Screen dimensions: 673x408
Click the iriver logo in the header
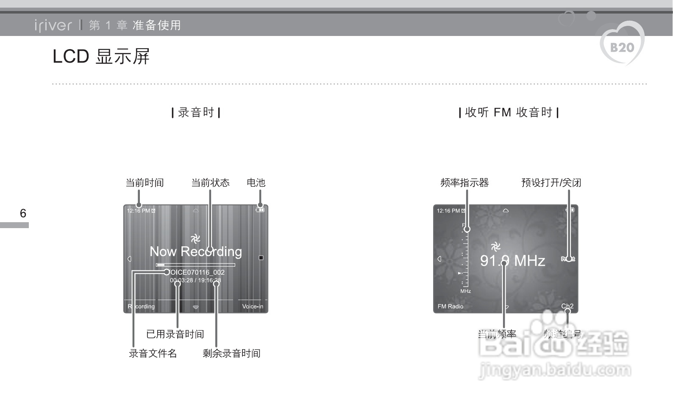pyautogui.click(x=53, y=25)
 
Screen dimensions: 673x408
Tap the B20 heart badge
pyautogui.click(x=622, y=46)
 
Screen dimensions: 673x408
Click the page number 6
pyautogui.click(x=23, y=213)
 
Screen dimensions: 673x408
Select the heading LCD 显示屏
pyautogui.click(x=101, y=57)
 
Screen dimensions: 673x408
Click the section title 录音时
pyautogui.click(x=196, y=113)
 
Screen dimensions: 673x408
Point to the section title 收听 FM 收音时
pyautogui.click(x=509, y=113)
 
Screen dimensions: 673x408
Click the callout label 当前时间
pyautogui.click(x=145, y=183)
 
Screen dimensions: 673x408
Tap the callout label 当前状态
pyautogui.click(x=210, y=183)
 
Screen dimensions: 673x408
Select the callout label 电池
pyautogui.click(x=256, y=183)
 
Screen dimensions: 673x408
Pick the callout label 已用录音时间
pyautogui.click(x=175, y=334)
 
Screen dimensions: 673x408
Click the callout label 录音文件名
pyautogui.click(x=153, y=353)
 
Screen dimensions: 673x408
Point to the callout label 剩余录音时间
pyautogui.click(x=231, y=353)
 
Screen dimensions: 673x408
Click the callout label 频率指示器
pyautogui.click(x=464, y=183)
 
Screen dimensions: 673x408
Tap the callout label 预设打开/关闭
pyautogui.click(x=551, y=183)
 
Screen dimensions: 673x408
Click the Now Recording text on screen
pyautogui.click(x=196, y=252)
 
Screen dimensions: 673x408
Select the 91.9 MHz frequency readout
pyautogui.click(x=512, y=261)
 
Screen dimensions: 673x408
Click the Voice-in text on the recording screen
pyautogui.click(x=253, y=306)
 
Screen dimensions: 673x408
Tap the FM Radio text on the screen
pyautogui.click(x=451, y=306)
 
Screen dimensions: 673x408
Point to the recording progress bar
pyautogui.click(x=195, y=265)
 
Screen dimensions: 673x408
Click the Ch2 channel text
pyautogui.click(x=567, y=306)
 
